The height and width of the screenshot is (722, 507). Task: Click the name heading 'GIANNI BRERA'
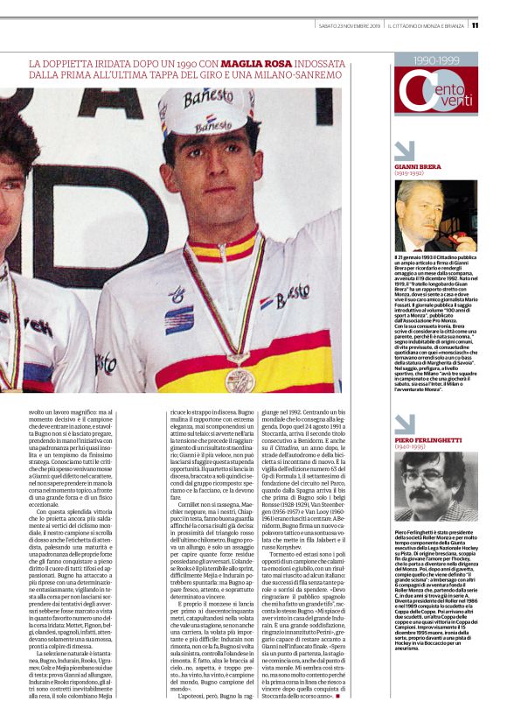(x=418, y=165)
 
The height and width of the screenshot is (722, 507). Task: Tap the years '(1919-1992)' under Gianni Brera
(x=410, y=173)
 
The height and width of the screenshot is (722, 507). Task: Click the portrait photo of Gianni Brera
(x=434, y=214)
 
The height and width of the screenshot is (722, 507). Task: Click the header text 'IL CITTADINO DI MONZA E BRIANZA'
(x=426, y=26)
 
